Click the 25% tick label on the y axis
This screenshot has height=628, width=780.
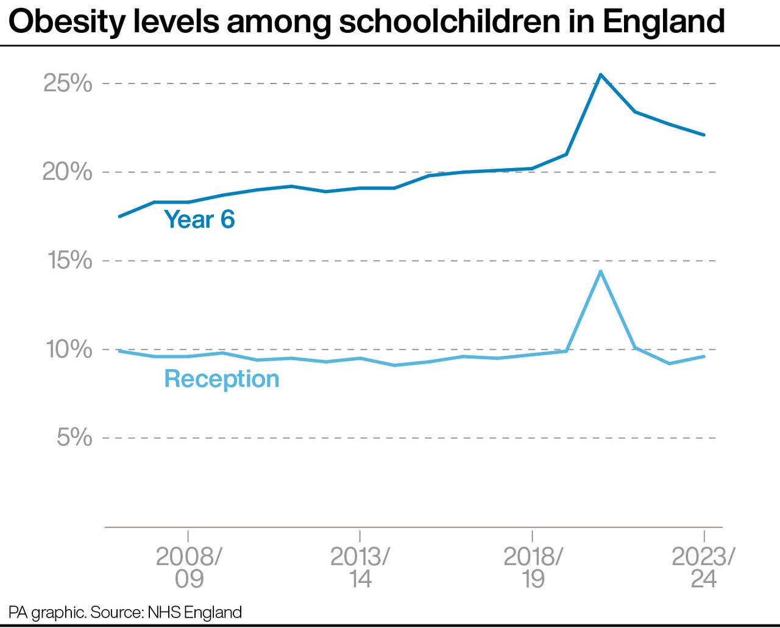pyautogui.click(x=68, y=83)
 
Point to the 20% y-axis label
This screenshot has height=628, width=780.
pyautogui.click(x=68, y=172)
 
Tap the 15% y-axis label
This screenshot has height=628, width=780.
pyautogui.click(x=69, y=261)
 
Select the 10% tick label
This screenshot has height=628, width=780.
pyautogui.click(x=69, y=349)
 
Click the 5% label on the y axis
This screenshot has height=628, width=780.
pyautogui.click(x=74, y=437)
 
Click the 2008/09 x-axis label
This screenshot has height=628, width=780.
pyautogui.click(x=188, y=567)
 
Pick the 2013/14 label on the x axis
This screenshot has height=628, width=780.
pyautogui.click(x=360, y=567)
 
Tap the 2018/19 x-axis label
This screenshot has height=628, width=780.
pyautogui.click(x=533, y=567)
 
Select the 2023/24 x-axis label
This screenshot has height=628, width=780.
pyautogui.click(x=704, y=567)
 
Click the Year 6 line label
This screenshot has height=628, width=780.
pyautogui.click(x=199, y=219)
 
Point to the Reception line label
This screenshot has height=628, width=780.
pyautogui.click(x=222, y=379)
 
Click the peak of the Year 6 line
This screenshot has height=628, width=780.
pyautogui.click(x=600, y=75)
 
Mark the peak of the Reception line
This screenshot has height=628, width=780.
pyautogui.click(x=600, y=271)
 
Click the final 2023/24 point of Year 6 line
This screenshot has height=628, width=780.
pyautogui.click(x=704, y=135)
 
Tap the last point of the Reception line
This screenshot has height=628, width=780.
pyautogui.click(x=704, y=356)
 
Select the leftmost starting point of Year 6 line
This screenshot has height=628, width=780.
pyautogui.click(x=119, y=216)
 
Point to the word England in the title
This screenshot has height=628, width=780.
pyautogui.click(x=664, y=22)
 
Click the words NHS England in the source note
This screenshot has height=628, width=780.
pyautogui.click(x=194, y=612)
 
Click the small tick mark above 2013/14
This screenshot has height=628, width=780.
pyautogui.click(x=360, y=536)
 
